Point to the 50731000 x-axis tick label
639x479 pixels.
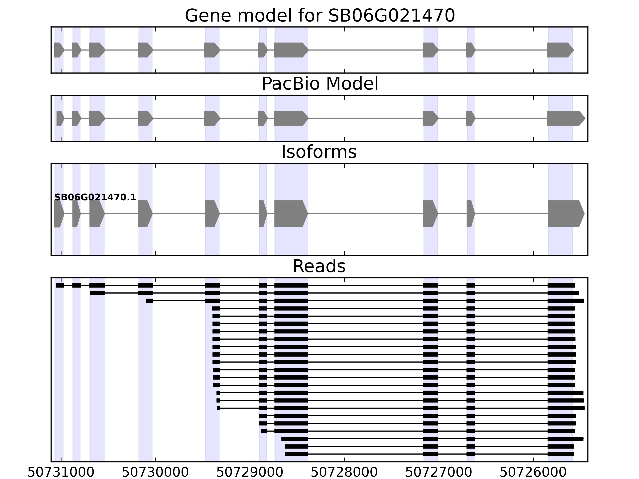tap(61, 472)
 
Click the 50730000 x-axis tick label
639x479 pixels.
tap(155, 472)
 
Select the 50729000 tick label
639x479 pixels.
tap(250, 472)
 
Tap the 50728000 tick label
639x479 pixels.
tap(344, 472)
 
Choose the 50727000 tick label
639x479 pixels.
tap(439, 472)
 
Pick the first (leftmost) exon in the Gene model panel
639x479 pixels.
tap(58, 50)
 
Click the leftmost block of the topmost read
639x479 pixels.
tap(60, 286)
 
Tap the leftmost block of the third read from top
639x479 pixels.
tap(149, 301)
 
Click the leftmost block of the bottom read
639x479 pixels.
tap(296, 454)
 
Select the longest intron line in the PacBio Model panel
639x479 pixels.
tap(365, 118)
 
